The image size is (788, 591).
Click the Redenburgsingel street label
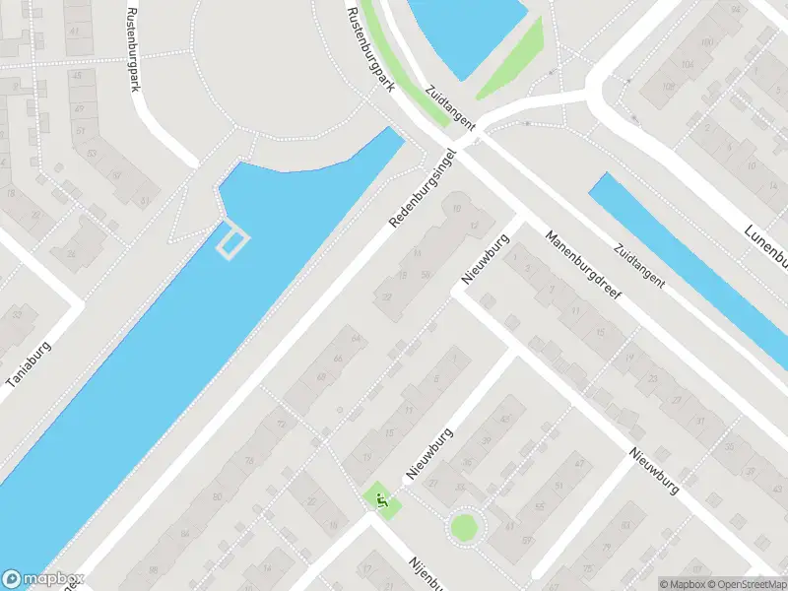(x=425, y=189)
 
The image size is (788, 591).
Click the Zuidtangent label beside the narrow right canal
(x=640, y=265)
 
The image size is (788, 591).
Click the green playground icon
(x=379, y=499)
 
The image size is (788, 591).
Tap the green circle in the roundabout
(x=462, y=526)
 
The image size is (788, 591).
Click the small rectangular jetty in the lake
(x=232, y=242)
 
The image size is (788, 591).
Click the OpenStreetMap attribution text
(x=744, y=584)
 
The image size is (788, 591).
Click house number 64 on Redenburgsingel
(x=356, y=339)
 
